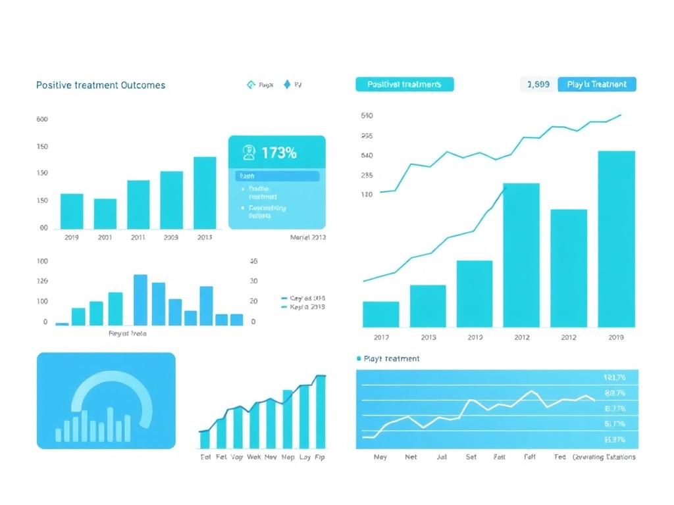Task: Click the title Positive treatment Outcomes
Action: point(101,85)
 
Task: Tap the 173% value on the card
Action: point(278,153)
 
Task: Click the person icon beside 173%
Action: point(249,153)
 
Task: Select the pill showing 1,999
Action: point(538,84)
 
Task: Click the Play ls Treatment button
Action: point(597,84)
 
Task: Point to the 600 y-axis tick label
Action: point(42,120)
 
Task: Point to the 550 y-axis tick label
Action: point(367,116)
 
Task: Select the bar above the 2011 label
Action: point(138,204)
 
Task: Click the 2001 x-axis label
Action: point(105,237)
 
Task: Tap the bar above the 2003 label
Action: point(172,199)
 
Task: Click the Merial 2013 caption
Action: point(307,237)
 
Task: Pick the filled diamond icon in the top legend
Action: point(287,85)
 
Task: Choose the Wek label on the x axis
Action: point(253,457)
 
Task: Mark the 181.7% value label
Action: point(614,378)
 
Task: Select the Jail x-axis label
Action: point(441,457)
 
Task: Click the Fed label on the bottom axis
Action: point(559,457)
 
